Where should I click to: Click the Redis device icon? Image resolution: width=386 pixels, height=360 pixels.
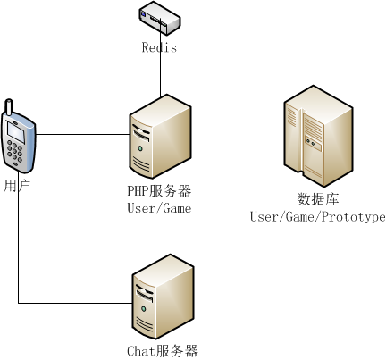(160, 18)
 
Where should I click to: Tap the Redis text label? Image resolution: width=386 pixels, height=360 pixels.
(159, 47)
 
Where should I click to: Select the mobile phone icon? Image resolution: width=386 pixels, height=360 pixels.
(19, 136)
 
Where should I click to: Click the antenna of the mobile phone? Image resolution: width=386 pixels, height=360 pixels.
(9, 107)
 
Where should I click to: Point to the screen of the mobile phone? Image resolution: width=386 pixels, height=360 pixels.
(16, 132)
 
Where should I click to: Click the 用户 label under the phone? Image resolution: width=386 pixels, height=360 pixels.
(17, 186)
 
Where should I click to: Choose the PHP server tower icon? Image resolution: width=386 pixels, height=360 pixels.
(160, 137)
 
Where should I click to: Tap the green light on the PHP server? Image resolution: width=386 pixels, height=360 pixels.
(139, 148)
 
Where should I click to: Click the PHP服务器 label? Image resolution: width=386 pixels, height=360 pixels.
(159, 191)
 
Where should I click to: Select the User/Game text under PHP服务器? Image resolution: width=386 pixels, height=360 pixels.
(159, 208)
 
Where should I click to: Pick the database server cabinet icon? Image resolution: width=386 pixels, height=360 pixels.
(318, 136)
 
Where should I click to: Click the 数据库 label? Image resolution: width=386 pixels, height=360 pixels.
(318, 199)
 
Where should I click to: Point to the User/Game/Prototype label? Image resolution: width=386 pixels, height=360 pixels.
(318, 217)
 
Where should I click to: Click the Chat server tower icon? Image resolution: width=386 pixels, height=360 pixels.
(163, 297)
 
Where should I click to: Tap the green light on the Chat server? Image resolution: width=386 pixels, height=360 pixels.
(144, 309)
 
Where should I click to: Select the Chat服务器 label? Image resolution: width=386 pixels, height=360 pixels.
(163, 351)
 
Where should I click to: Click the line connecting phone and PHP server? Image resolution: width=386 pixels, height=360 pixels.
(82, 134)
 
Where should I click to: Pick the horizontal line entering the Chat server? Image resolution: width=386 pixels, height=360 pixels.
(75, 304)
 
